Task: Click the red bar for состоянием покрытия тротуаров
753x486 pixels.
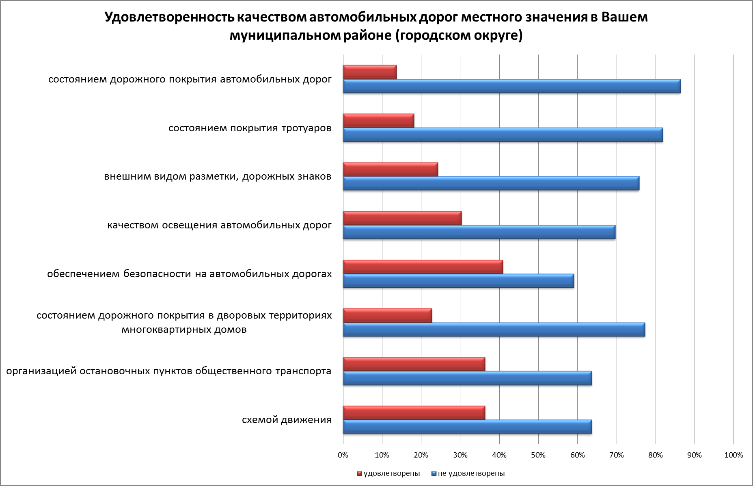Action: pyautogui.click(x=378, y=121)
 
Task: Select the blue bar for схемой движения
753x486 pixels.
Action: pyautogui.click(x=467, y=427)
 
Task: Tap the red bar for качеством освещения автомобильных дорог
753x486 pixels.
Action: pyautogui.click(x=402, y=218)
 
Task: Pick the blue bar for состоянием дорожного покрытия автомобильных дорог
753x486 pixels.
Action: pyautogui.click(x=511, y=87)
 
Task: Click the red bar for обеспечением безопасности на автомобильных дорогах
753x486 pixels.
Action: pyautogui.click(x=423, y=267)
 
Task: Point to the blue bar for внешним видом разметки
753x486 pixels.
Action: pyautogui.click(x=491, y=184)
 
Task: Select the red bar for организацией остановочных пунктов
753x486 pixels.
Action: pyautogui.click(x=414, y=364)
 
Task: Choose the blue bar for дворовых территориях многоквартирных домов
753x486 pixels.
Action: pyautogui.click(x=494, y=330)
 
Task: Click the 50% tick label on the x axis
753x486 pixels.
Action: pyautogui.click(x=538, y=455)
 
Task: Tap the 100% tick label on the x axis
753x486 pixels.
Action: pyautogui.click(x=734, y=455)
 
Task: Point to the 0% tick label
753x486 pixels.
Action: pyautogui.click(x=343, y=455)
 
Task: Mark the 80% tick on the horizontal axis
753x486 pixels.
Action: pyautogui.click(x=656, y=455)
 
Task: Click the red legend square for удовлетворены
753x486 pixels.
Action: pyautogui.click(x=359, y=474)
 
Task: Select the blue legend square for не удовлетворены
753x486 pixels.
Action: pyautogui.click(x=434, y=474)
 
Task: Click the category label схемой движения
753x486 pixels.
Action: pyautogui.click(x=287, y=420)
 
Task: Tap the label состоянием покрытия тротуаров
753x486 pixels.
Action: pyautogui.click(x=250, y=128)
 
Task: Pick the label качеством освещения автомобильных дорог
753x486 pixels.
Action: pyautogui.click(x=219, y=225)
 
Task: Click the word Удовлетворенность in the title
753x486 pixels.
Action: pyautogui.click(x=168, y=18)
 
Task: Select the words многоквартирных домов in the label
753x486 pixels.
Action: pyautogui.click(x=184, y=329)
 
